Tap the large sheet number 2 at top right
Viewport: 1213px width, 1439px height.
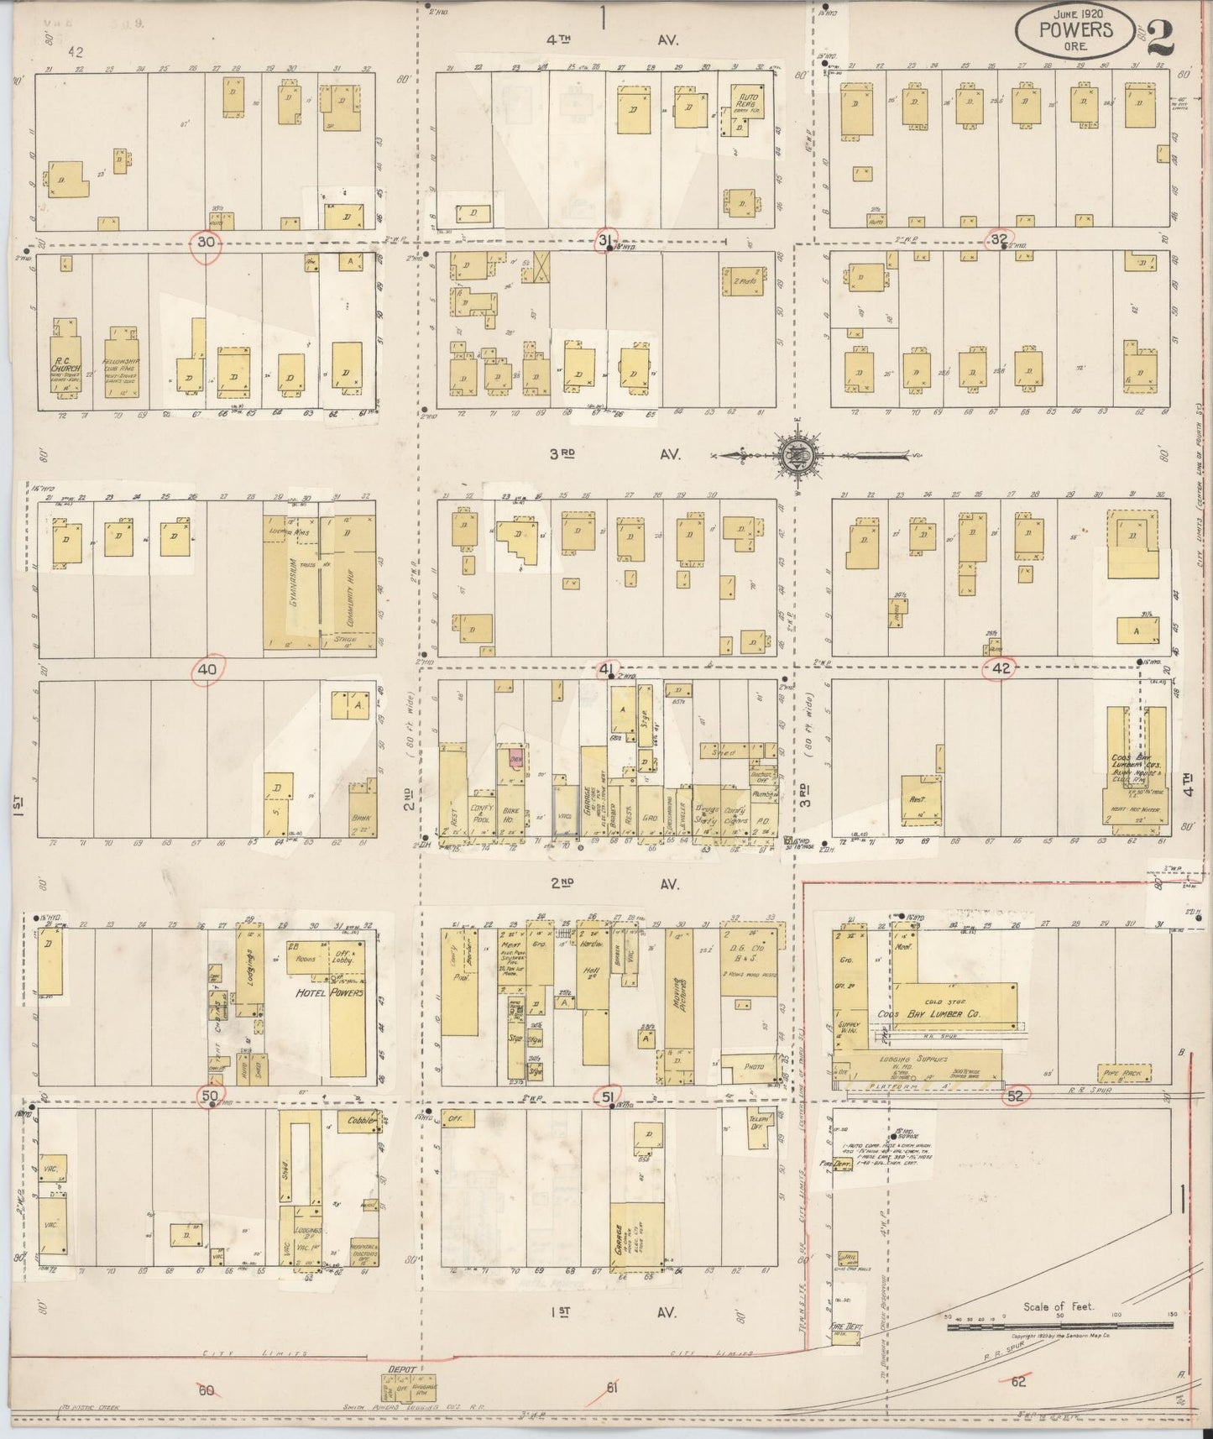[x=1158, y=37]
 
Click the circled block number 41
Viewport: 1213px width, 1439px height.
[x=607, y=669]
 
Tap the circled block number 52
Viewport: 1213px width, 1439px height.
[x=1016, y=1096]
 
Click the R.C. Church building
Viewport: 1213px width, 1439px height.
[x=65, y=368]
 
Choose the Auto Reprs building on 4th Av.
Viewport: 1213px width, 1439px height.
[x=741, y=110]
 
